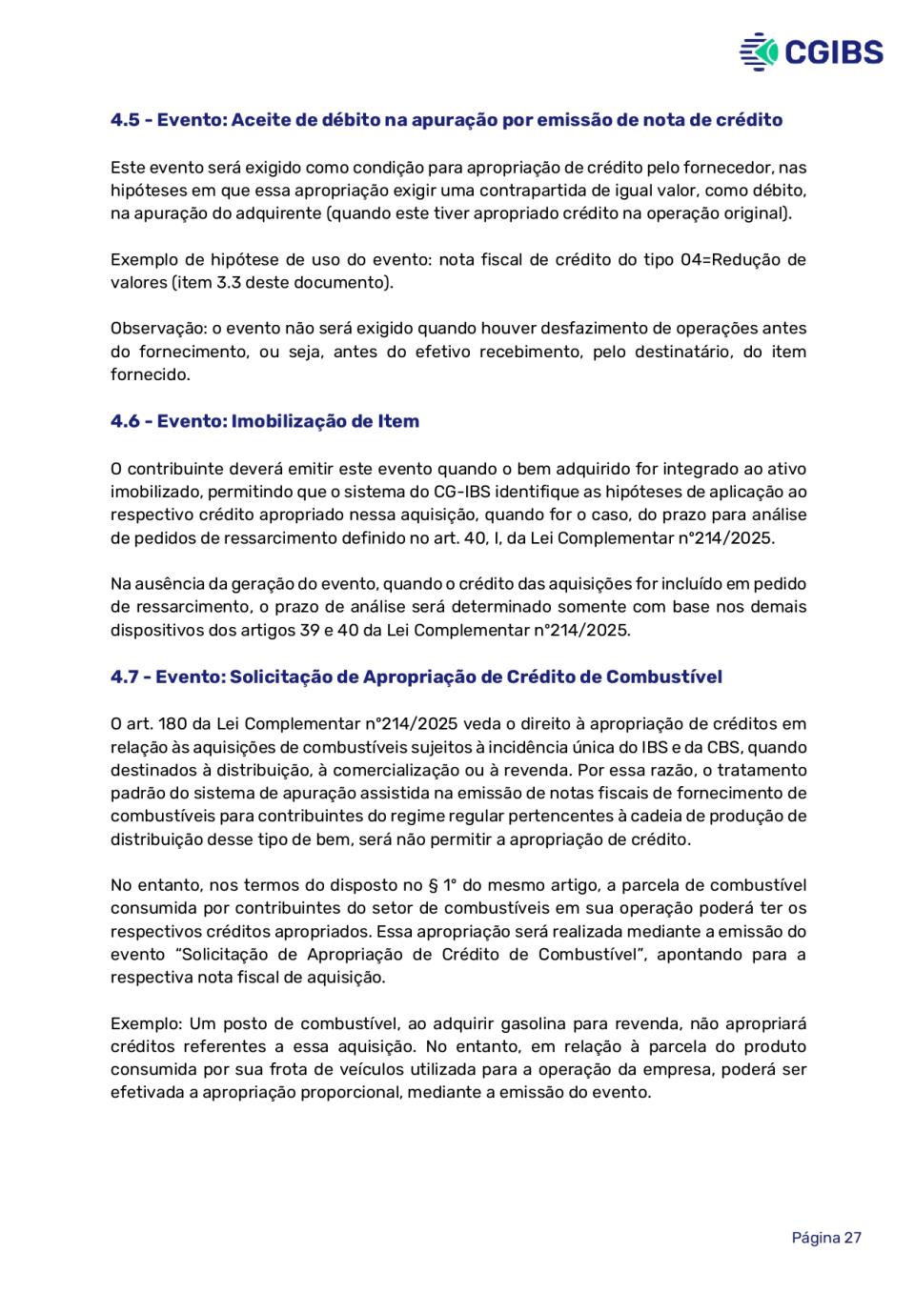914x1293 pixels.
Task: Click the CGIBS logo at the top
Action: pyautogui.click(x=811, y=51)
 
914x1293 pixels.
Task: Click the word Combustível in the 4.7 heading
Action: pyautogui.click(x=663, y=677)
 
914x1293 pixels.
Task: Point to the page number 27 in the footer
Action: pyautogui.click(x=852, y=1238)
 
